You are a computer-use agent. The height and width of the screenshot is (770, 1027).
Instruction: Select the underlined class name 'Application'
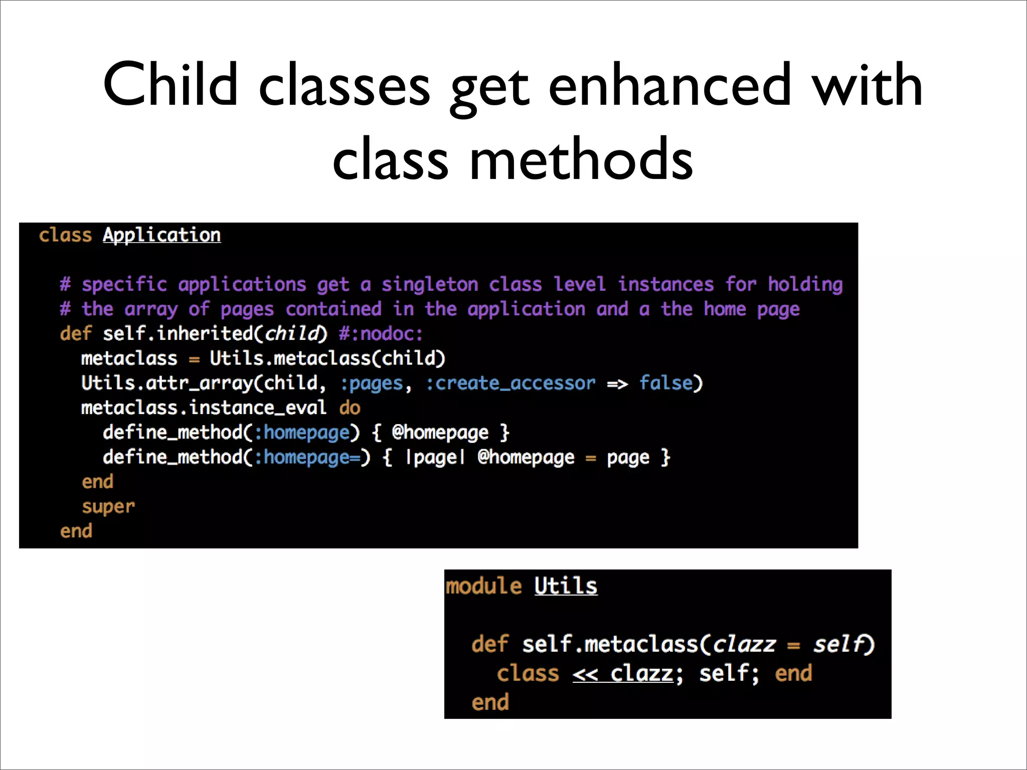tap(161, 235)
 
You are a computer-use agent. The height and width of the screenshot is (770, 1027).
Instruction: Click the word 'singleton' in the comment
tap(430, 285)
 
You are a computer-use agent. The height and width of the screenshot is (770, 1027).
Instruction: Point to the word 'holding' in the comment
tap(805, 285)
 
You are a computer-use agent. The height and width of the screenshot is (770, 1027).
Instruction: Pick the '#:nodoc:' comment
tap(381, 334)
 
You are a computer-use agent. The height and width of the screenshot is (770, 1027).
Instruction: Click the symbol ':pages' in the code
tap(372, 383)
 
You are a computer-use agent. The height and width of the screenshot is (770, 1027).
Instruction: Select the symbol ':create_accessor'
tap(510, 383)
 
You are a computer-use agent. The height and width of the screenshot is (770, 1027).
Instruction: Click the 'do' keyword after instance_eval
tap(350, 408)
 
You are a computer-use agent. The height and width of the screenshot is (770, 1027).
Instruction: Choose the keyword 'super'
tap(108, 507)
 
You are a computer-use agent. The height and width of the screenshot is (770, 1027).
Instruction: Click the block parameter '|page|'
tap(435, 458)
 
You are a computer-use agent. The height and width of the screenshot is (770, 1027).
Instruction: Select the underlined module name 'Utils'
tap(566, 586)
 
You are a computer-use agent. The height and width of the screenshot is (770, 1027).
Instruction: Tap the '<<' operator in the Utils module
tap(585, 674)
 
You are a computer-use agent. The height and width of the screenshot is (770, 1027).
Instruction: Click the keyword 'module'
tap(483, 586)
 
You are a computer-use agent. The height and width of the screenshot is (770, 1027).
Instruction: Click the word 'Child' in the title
tap(170, 85)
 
